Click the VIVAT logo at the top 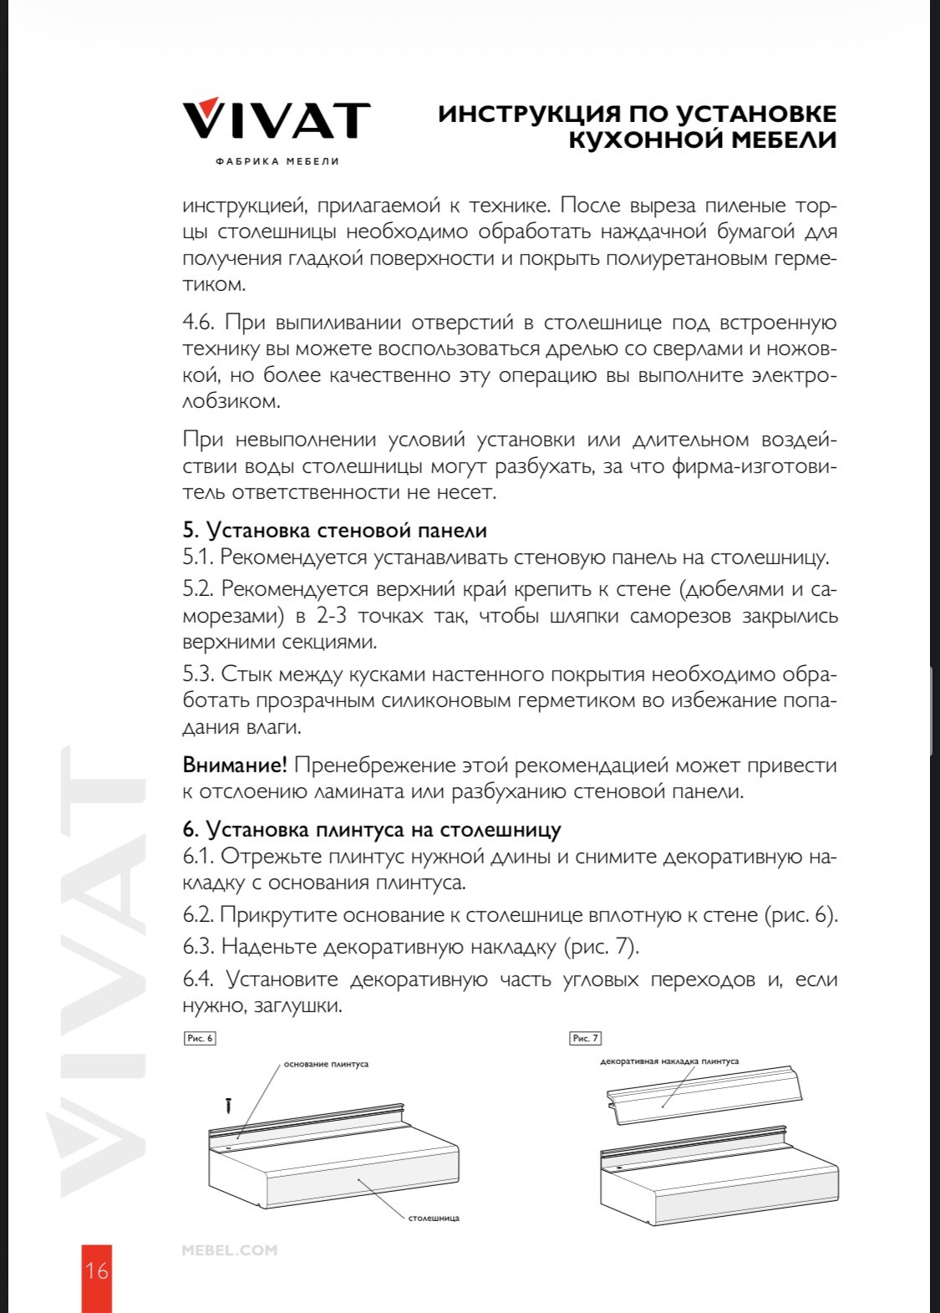pos(276,119)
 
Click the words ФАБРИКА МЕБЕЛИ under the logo pos(277,161)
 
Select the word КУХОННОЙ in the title pos(634,140)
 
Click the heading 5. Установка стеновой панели pos(334,531)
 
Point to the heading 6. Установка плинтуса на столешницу pos(372,830)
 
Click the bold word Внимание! pos(235,765)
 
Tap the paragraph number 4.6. pos(198,323)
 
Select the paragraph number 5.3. pos(198,674)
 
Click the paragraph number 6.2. pos(198,915)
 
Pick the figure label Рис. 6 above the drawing pos(200,1038)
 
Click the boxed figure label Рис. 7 pos(585,1038)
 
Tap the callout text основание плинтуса pos(326,1064)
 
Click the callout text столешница pos(434,1218)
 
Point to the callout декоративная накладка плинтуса pos(669,1061)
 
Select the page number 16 pos(96,1271)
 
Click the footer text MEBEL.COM pos(229,1250)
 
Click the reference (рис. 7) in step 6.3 pos(602,947)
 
